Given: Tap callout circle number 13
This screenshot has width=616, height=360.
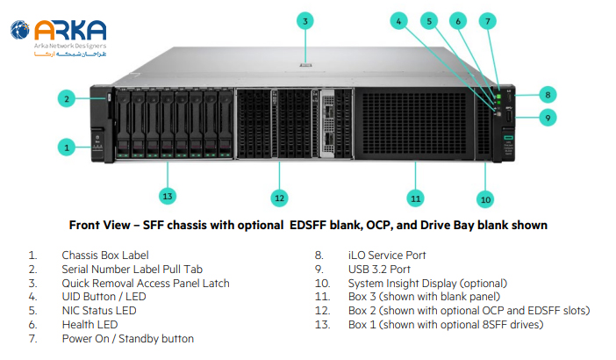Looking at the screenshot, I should (x=167, y=195).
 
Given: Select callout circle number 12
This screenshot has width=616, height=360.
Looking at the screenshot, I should (x=278, y=198).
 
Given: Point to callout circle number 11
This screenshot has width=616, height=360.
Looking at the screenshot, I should (x=415, y=198).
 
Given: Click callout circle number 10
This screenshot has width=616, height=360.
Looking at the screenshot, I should (x=485, y=198).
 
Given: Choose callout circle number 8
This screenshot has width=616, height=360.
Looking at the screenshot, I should (x=546, y=94).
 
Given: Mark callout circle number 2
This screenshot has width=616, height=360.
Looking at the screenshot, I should (x=67, y=98).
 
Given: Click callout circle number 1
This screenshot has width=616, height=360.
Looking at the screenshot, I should (x=67, y=147).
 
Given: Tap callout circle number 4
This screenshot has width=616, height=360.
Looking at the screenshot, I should (x=399, y=19).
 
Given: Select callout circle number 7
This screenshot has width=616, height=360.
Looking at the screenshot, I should (x=488, y=19).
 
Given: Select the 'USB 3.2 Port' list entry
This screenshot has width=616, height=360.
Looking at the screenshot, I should (x=380, y=269).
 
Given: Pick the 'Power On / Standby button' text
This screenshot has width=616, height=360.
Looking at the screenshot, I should (x=127, y=339).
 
